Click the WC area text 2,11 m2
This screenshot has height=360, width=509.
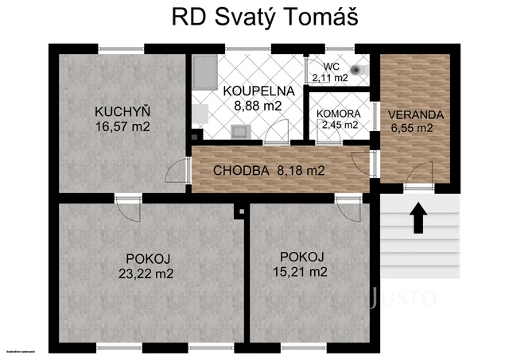coord(330,78)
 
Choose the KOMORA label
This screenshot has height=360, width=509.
coord(337,114)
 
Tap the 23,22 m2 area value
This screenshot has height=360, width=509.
coord(149,273)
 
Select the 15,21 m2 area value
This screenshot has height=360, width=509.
coord(302,271)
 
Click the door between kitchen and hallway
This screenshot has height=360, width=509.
coord(179,169)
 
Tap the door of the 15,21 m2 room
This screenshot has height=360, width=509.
coord(348,207)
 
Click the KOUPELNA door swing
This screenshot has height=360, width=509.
coord(276,134)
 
